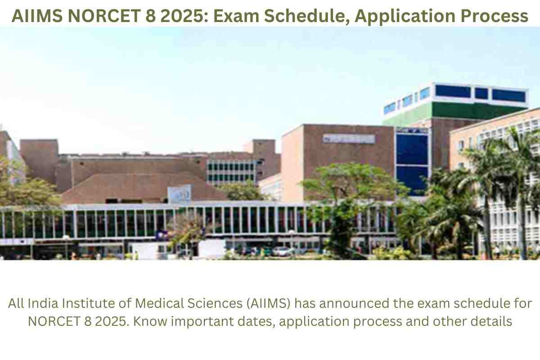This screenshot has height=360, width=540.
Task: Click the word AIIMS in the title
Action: [37, 16]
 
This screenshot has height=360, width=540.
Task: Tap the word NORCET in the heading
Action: [104, 16]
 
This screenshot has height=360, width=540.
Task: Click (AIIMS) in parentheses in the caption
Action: [268, 303]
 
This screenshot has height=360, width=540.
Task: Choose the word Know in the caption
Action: [150, 321]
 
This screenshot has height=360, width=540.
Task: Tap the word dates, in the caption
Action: [256, 322]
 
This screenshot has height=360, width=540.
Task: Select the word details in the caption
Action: [491, 321]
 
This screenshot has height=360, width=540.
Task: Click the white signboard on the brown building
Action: [349, 139]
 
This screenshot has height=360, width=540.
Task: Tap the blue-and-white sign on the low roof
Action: [180, 194]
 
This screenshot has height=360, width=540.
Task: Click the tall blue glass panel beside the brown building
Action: [412, 164]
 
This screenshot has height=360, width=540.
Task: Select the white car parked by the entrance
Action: [281, 251]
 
